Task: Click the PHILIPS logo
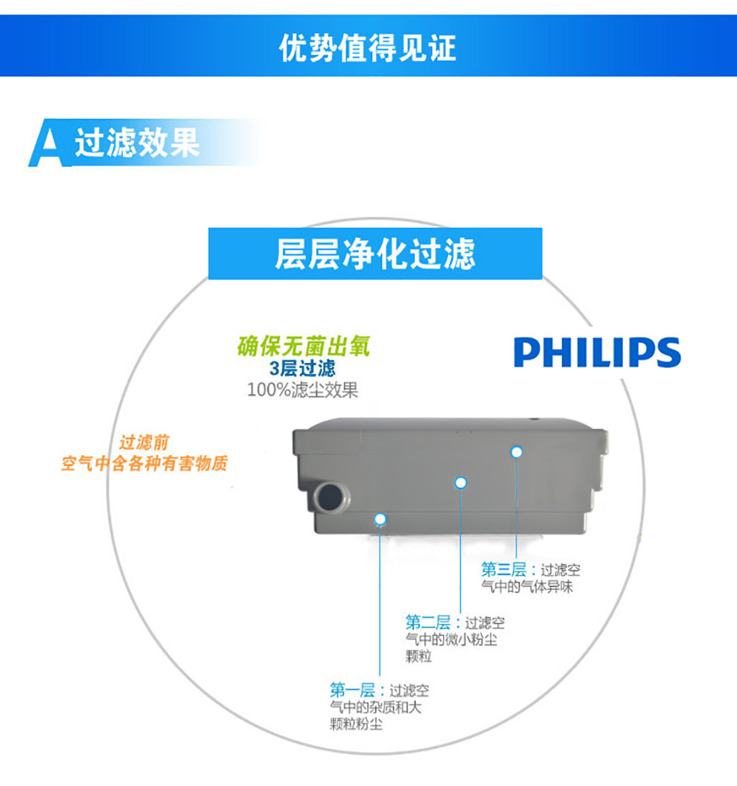pos(597,352)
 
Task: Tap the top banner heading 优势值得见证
pos(368,48)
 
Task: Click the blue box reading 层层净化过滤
pos(374,254)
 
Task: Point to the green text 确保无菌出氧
pos(303,347)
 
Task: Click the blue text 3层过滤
pos(302,368)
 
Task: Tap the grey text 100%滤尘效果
pos(302,390)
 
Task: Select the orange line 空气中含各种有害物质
pos(144,464)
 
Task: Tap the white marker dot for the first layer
pos(380,518)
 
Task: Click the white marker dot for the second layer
pos(461,483)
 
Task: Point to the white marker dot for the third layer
pos(516,451)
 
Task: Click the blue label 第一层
pos(353,691)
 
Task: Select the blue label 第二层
pos(428,622)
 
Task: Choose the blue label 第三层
pos(503,570)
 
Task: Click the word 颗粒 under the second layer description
pos(419,656)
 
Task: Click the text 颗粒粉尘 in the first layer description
pos(357,724)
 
